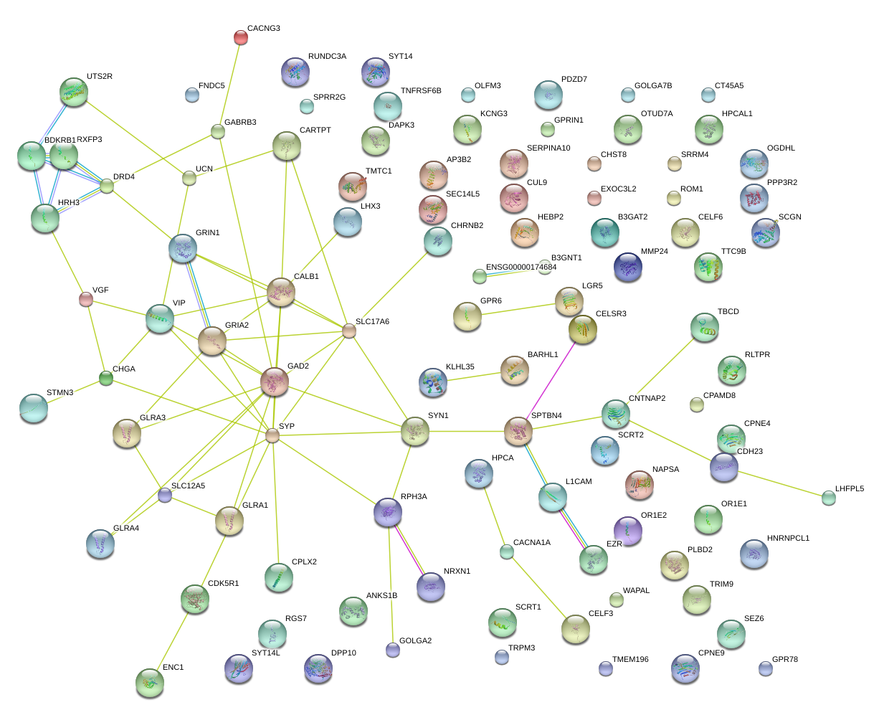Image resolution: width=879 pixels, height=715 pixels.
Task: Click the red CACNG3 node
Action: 241,37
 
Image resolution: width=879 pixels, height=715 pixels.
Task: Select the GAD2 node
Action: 275,382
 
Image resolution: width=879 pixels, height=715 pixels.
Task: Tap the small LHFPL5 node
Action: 829,497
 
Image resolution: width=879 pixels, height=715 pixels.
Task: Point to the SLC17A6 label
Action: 372,322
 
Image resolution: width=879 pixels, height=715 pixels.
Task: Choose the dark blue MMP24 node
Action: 628,267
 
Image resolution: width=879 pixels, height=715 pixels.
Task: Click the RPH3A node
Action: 388,512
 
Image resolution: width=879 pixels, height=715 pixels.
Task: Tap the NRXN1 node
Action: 431,586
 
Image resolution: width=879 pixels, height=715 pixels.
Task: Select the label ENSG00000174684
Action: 521,267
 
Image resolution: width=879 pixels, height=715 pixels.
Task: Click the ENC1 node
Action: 149,682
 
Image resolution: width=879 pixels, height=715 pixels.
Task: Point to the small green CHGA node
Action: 106,378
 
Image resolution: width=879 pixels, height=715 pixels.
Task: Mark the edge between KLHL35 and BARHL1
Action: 473,376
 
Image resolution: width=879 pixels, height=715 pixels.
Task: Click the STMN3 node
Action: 33,407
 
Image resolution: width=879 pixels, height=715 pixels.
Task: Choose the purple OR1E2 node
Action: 628,530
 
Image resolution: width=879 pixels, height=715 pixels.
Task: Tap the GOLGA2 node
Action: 393,650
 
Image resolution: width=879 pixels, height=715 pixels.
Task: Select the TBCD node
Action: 704,326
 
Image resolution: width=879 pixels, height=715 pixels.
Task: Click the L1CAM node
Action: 553,497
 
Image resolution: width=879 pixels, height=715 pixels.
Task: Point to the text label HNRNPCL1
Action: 788,538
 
